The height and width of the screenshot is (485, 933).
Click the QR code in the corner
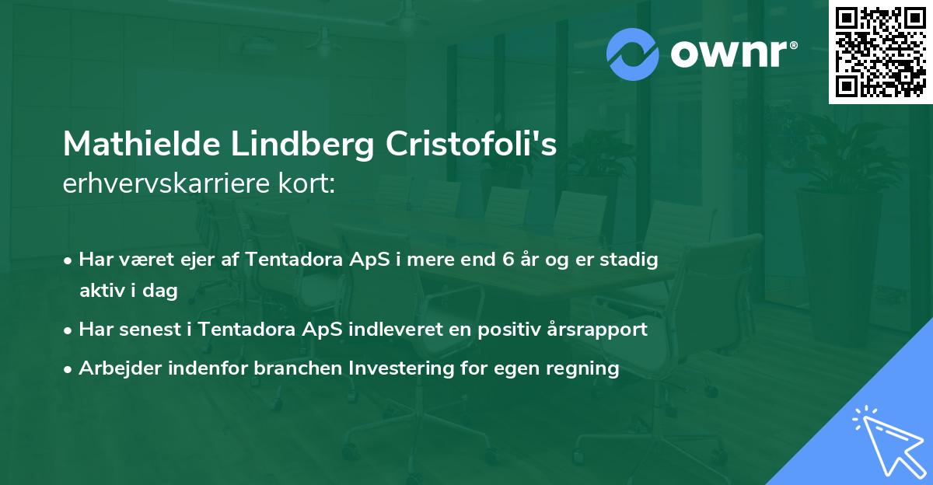point(881,52)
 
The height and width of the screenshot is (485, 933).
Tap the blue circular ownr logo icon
point(633,54)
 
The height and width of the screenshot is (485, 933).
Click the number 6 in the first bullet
point(509,260)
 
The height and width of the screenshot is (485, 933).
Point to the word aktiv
point(103,291)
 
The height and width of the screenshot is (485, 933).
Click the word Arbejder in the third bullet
point(117,368)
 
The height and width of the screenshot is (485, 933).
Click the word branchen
point(294,368)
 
